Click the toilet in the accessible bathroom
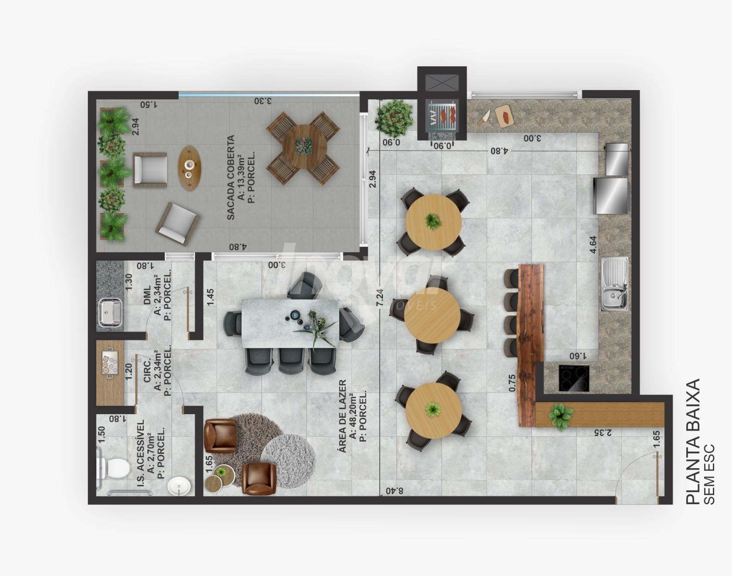click(114, 468)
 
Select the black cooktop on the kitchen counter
click(574, 378)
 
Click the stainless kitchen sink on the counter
click(614, 284)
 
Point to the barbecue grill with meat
click(442, 116)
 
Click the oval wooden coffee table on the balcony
click(189, 168)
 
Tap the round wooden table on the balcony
click(305, 147)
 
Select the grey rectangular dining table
click(290, 323)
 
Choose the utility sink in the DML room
click(110, 313)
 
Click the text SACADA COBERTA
click(231, 177)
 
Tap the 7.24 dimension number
click(380, 298)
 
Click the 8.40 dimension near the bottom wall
click(394, 491)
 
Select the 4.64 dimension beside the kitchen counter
click(593, 245)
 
